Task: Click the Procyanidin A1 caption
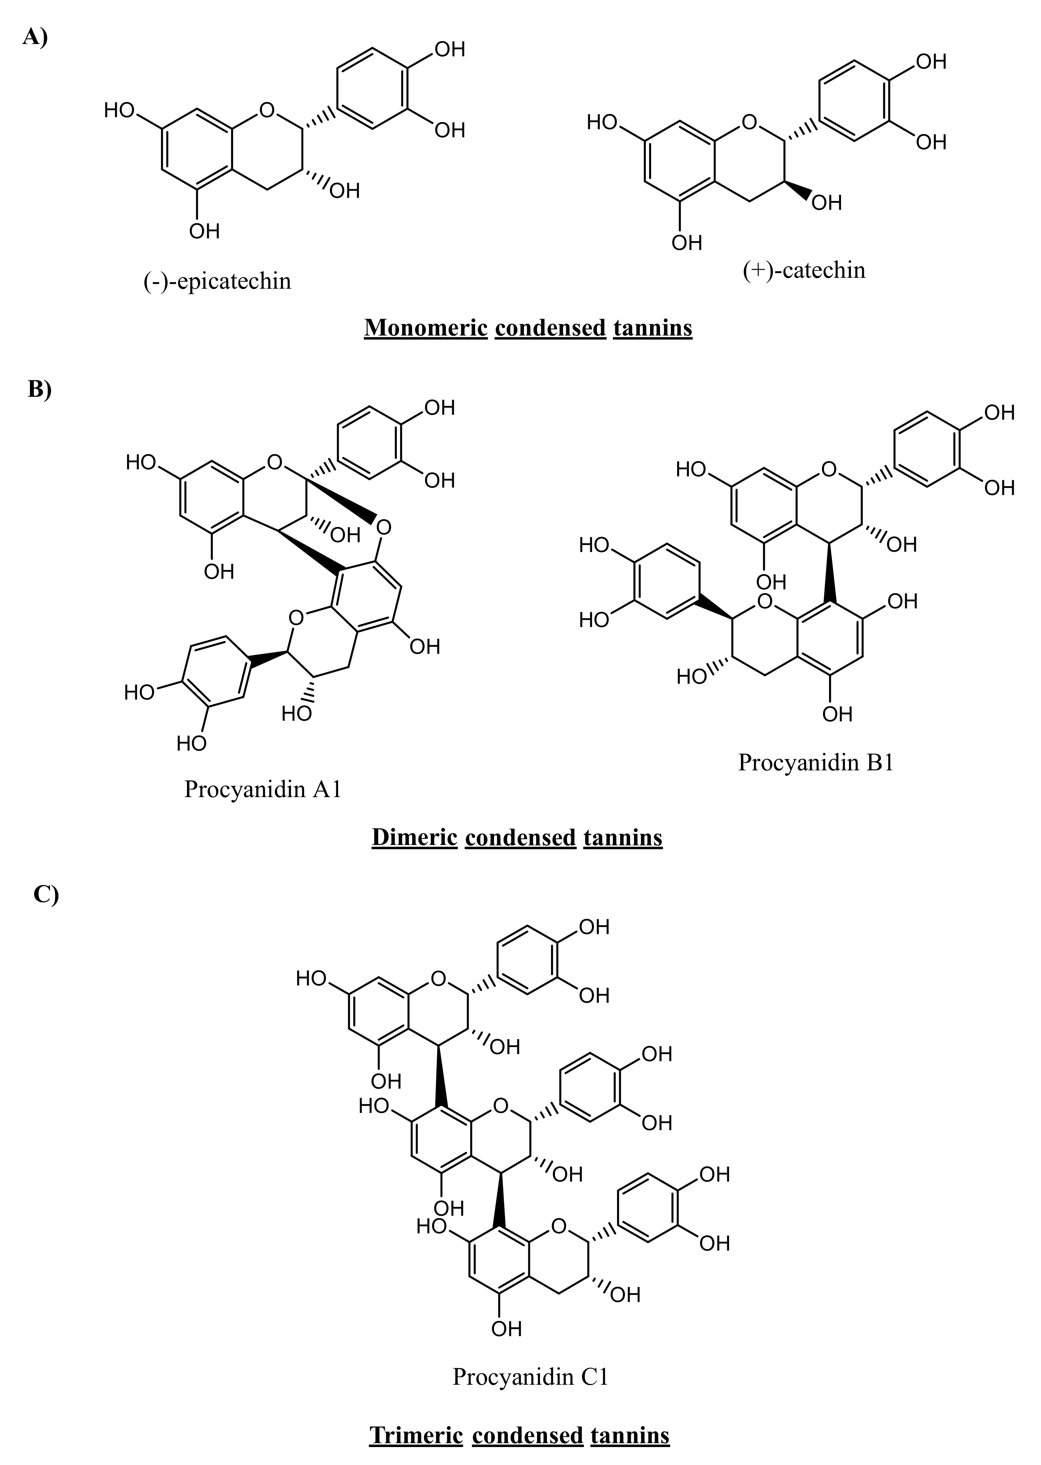click(x=263, y=789)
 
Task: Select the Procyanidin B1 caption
click(x=815, y=762)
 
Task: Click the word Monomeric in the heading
click(x=426, y=327)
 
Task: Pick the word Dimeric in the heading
click(x=414, y=837)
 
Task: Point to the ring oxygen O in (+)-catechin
click(x=749, y=122)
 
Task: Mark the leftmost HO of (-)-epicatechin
click(x=119, y=110)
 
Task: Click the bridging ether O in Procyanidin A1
click(x=383, y=527)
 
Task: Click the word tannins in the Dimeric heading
click(x=622, y=837)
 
